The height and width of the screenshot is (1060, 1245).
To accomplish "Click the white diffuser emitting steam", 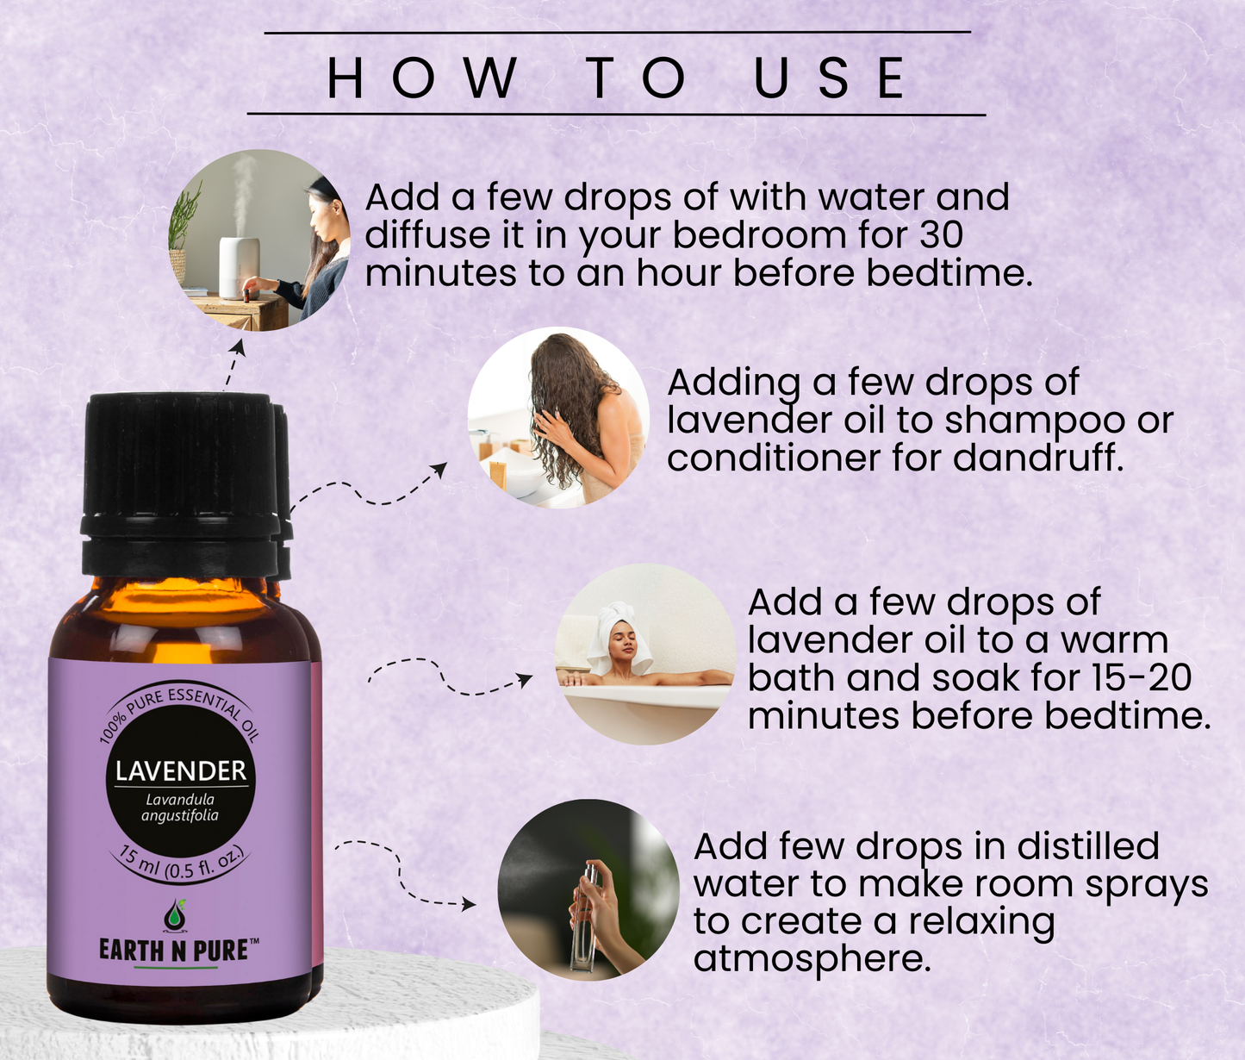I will point(239,267).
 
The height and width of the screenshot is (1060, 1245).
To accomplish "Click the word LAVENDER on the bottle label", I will point(181,770).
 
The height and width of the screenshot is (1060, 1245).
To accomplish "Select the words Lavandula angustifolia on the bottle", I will point(180,807).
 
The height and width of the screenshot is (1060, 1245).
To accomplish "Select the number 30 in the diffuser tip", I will point(940,235).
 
